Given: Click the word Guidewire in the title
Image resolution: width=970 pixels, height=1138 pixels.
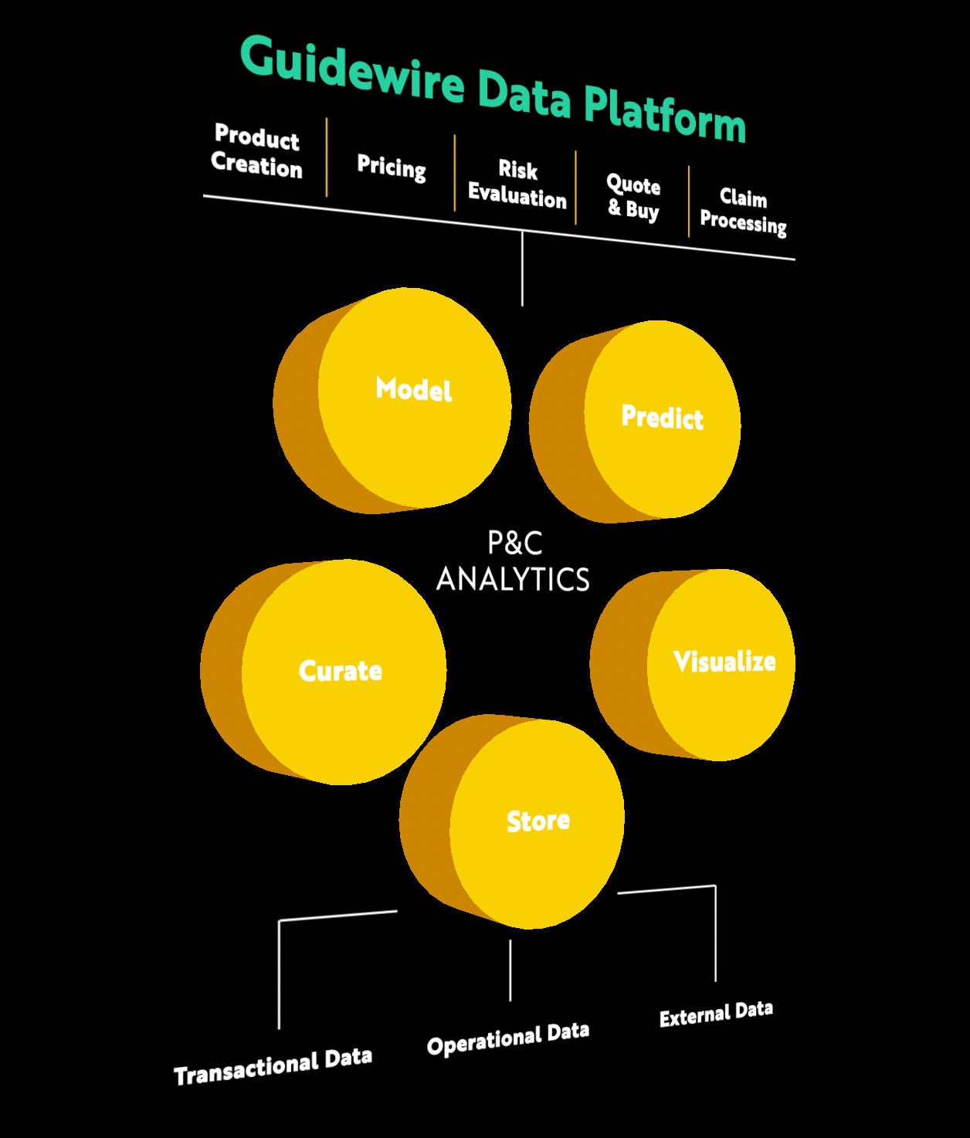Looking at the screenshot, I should (352, 68).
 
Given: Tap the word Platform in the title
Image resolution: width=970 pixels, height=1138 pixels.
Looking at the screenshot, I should (664, 113).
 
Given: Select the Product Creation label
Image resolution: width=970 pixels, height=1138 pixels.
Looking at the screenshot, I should (256, 151).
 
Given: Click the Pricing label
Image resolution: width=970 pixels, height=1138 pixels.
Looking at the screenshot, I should (392, 166).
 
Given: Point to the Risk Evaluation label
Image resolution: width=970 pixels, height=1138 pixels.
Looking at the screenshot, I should (517, 185).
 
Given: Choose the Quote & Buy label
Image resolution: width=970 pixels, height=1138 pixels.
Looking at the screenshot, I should (633, 198).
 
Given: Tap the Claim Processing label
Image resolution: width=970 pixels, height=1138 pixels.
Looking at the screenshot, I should (743, 210).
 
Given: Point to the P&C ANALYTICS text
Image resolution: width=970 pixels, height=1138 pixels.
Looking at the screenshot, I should (514, 562).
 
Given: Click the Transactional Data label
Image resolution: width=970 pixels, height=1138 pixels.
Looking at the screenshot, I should (273, 1067).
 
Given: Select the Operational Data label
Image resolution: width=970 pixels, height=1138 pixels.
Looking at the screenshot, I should (508, 1038).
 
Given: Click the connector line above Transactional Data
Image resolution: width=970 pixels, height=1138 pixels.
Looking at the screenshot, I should (279, 973).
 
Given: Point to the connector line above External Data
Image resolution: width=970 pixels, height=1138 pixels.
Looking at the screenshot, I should (715, 934).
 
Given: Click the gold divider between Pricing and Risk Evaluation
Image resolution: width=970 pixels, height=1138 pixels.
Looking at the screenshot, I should (455, 172).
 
